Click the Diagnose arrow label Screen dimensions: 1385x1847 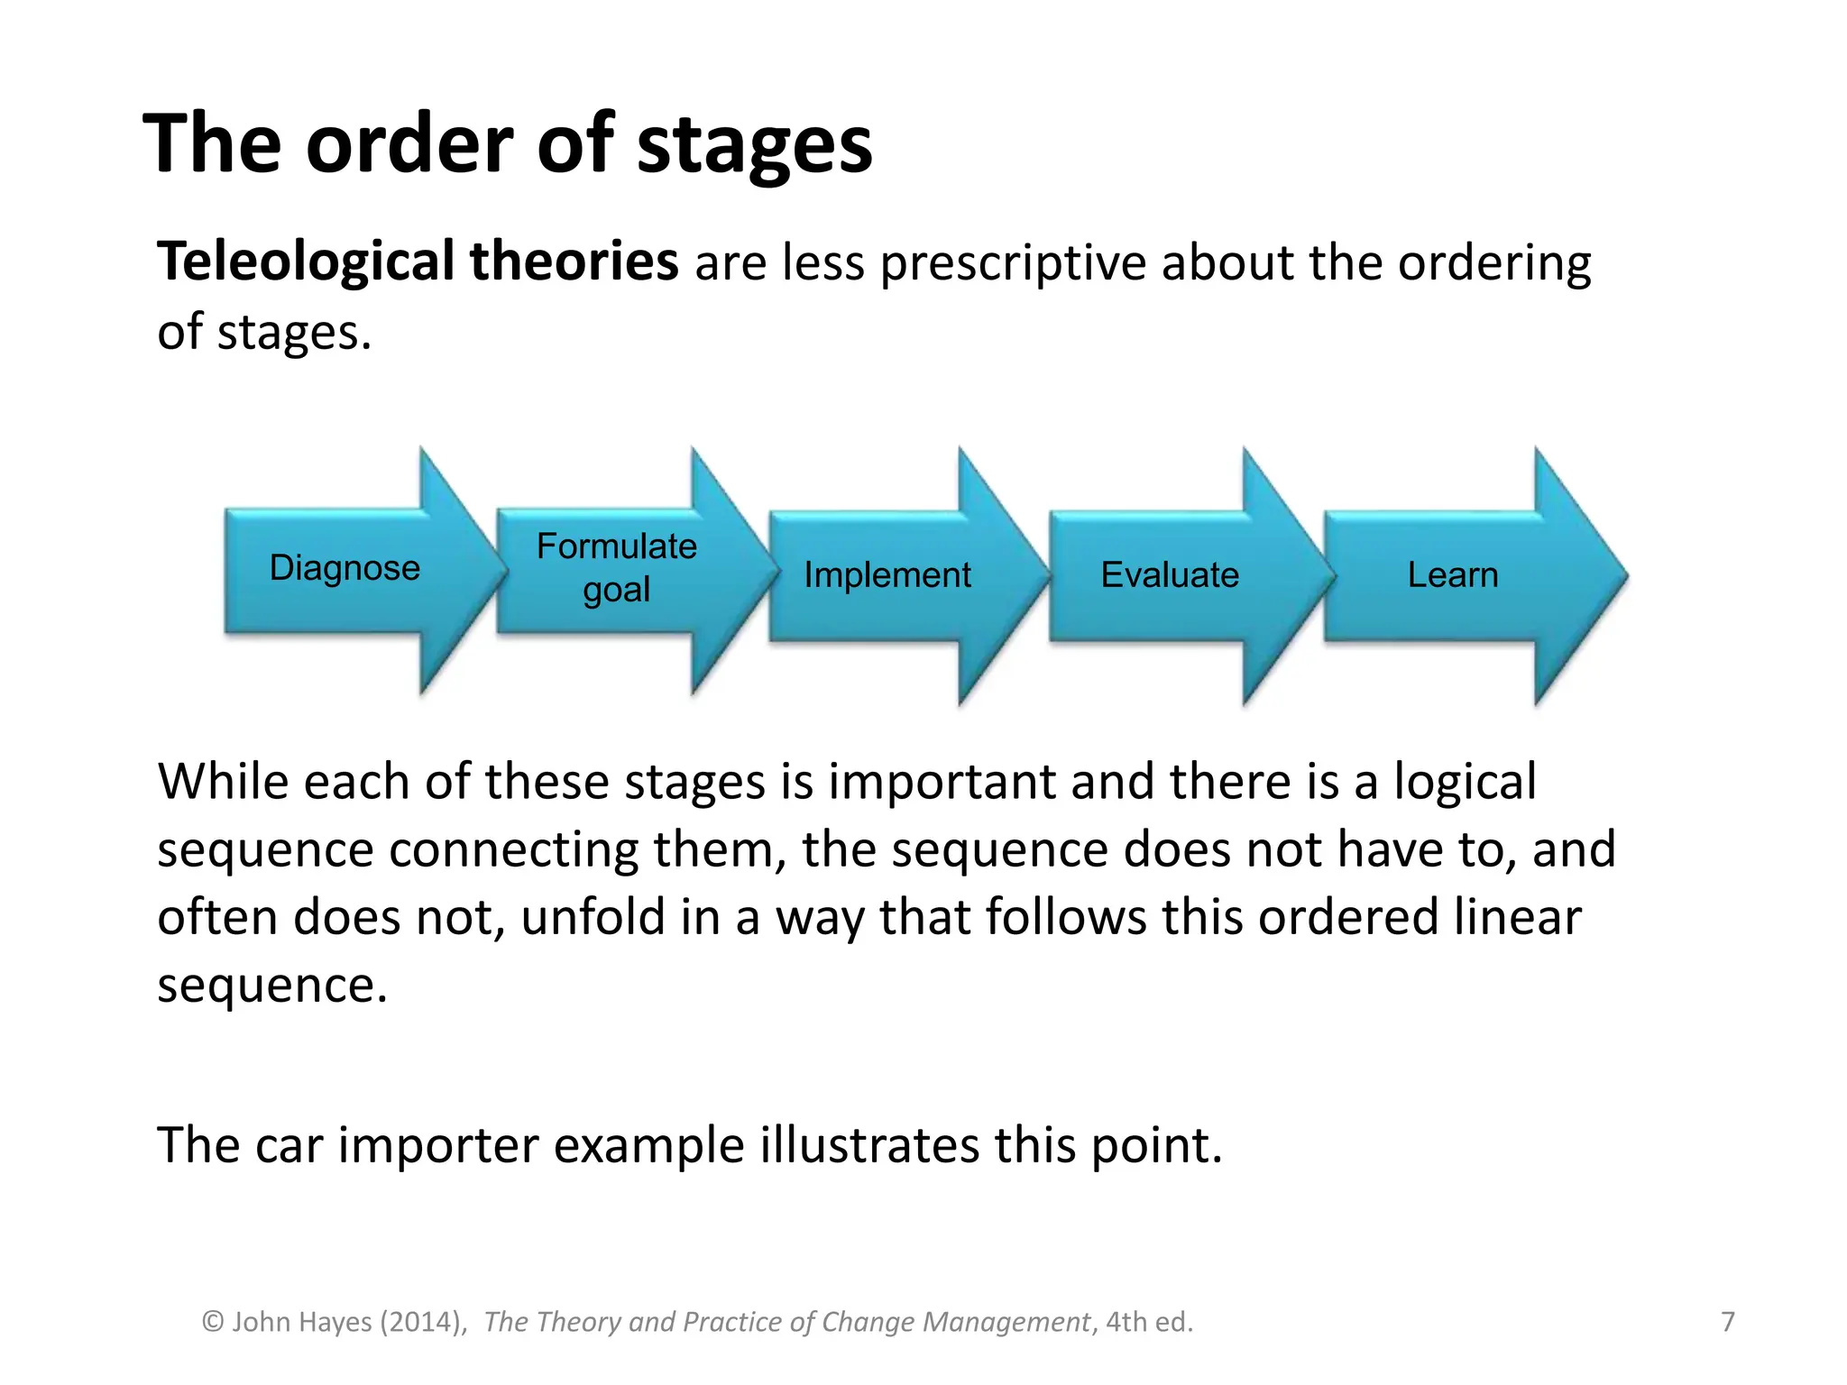click(x=345, y=568)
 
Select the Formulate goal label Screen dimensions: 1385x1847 click(x=617, y=567)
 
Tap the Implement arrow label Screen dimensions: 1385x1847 click(x=887, y=575)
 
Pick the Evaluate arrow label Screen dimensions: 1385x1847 click(x=1170, y=575)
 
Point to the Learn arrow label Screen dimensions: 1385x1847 click(x=1452, y=575)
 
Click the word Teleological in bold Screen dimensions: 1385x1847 click(x=306, y=263)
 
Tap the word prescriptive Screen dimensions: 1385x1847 click(x=1013, y=265)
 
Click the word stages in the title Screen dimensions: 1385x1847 click(x=754, y=146)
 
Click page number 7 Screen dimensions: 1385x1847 click(x=1727, y=1322)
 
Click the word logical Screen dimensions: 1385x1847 click(x=1465, y=782)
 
